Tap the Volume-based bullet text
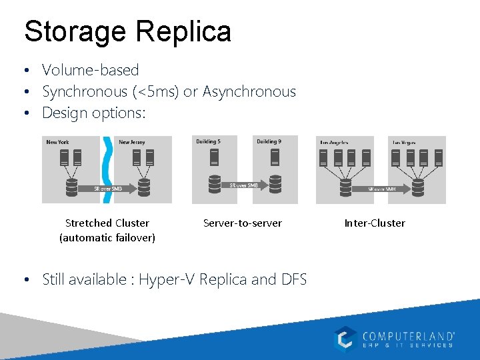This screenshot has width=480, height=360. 90,70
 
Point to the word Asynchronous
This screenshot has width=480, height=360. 249,91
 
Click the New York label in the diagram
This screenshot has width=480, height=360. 57,142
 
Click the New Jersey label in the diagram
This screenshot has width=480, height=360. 131,142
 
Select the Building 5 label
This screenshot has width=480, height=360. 208,141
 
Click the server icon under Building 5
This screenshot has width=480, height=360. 215,157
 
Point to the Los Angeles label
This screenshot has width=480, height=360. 334,142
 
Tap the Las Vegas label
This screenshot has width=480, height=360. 406,142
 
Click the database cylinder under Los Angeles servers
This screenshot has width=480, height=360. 345,186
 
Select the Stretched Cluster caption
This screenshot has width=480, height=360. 107,223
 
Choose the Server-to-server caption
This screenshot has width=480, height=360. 242,223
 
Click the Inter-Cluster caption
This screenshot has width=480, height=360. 375,223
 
